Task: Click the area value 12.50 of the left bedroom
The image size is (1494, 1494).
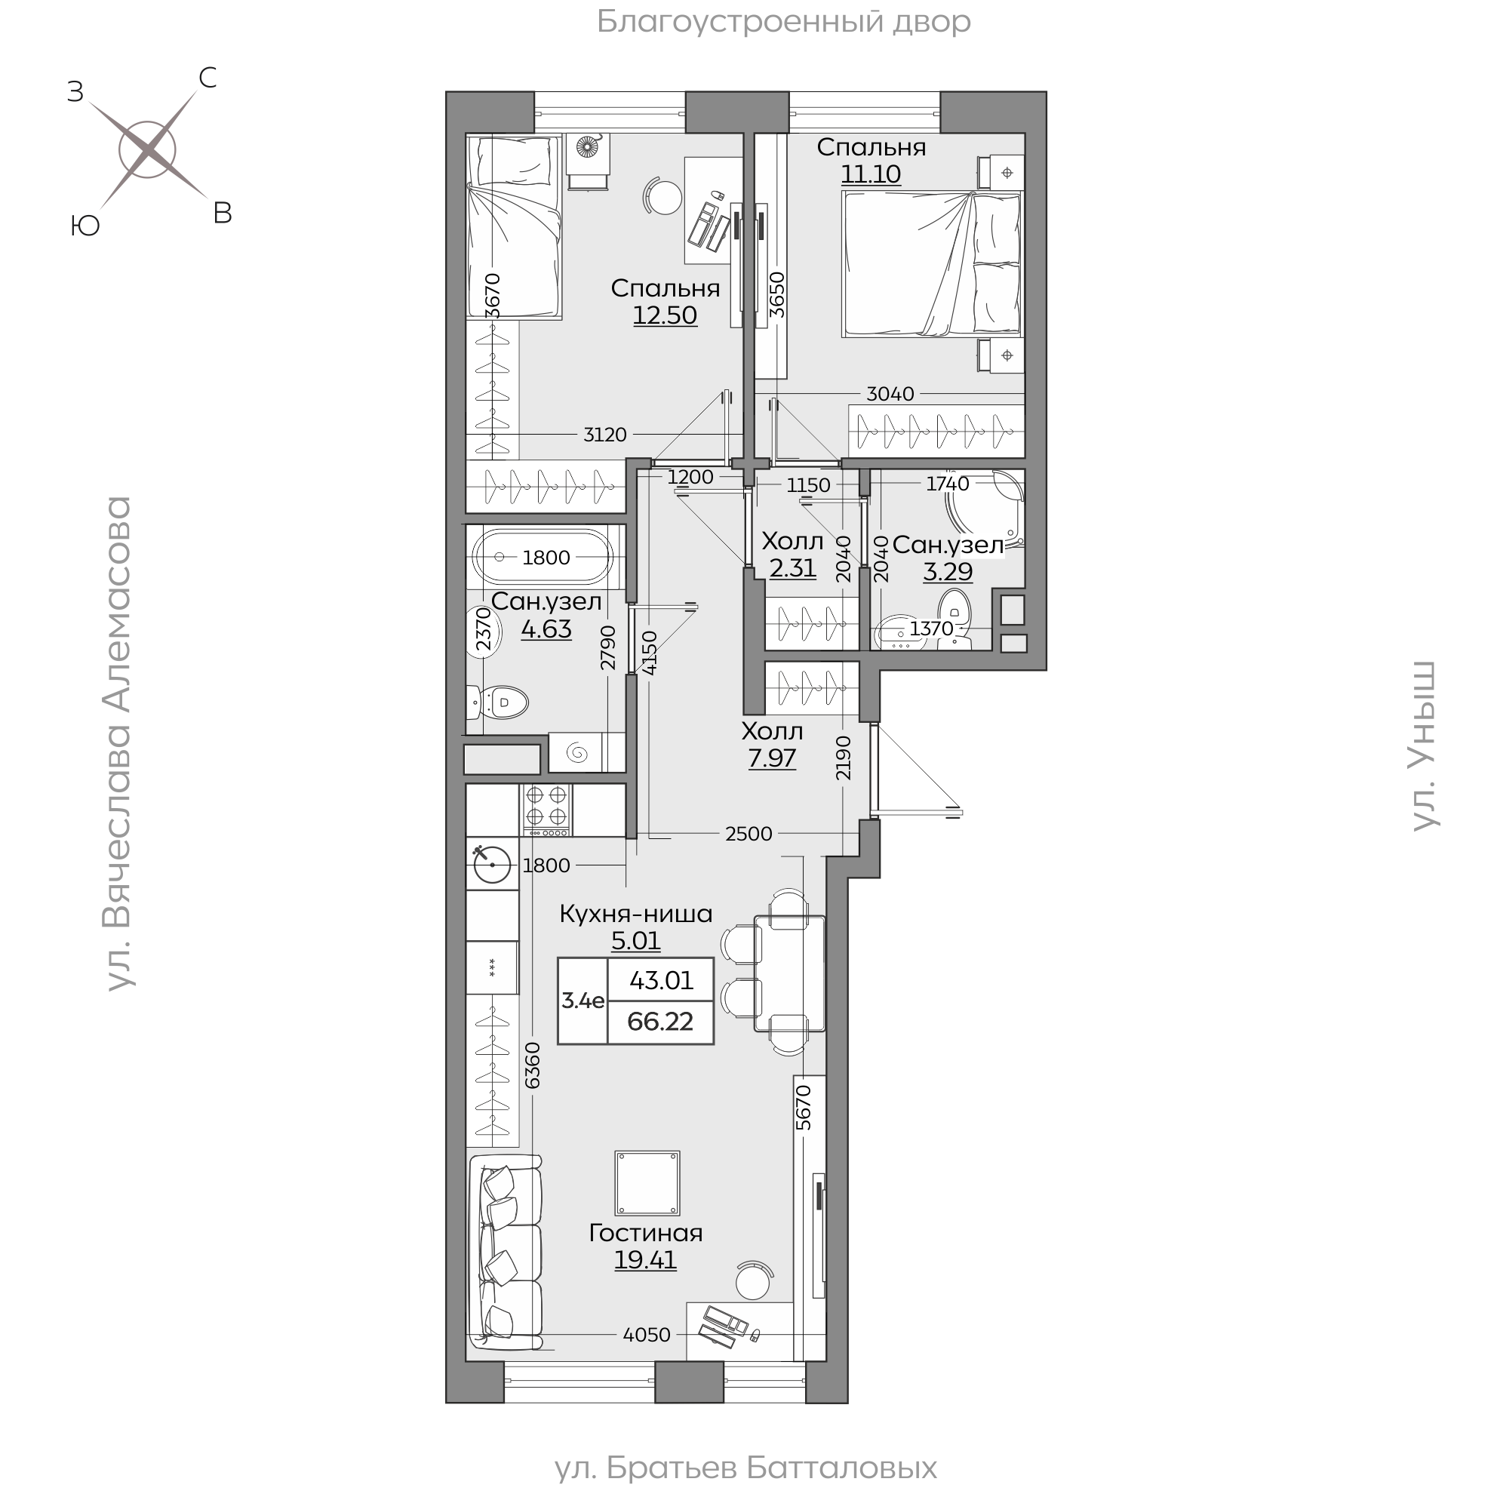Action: pos(665,315)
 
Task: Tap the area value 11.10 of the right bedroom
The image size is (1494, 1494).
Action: pos(871,174)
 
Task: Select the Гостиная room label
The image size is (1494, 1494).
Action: pos(646,1233)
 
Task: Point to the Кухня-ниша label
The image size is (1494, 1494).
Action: pos(635,913)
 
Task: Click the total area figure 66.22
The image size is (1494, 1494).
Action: pos(660,1022)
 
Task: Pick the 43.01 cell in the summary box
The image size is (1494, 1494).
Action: pos(661,981)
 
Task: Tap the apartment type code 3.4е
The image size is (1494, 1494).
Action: pos(583,1001)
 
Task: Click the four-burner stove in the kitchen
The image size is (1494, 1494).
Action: pos(547,810)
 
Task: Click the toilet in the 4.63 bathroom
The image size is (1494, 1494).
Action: pos(499,703)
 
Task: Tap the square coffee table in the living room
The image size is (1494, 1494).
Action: pos(647,1182)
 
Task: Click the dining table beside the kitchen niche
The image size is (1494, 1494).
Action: pos(790,973)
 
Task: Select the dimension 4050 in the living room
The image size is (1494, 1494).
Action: pos(647,1335)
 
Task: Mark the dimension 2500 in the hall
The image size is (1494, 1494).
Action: pos(749,834)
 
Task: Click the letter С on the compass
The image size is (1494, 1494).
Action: pos(207,77)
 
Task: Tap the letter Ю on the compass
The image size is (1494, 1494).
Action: pos(85,226)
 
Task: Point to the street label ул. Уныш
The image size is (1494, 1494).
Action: pos(1424,746)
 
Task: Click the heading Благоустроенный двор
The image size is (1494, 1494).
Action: pos(783,22)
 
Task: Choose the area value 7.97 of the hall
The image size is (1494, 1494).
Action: pos(772,758)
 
